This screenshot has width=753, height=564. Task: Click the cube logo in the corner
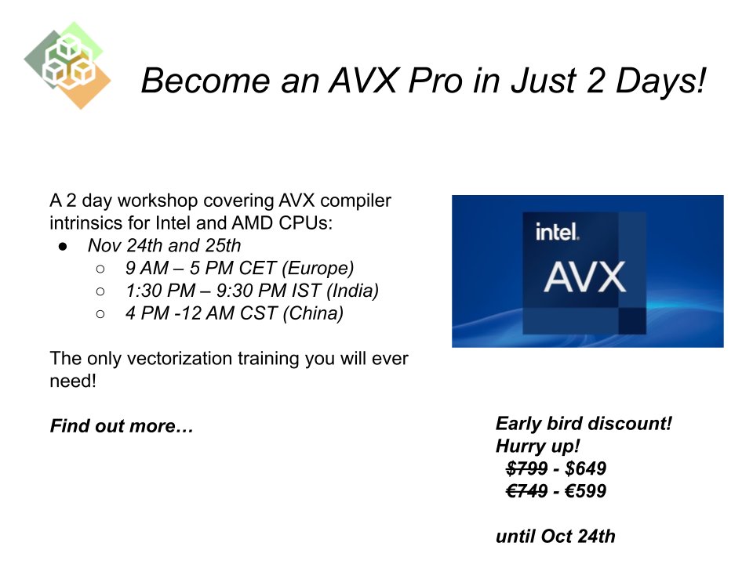[67, 64]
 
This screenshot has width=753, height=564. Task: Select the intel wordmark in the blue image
[557, 232]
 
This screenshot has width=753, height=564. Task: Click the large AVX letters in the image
[586, 277]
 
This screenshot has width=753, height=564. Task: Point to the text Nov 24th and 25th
[164, 245]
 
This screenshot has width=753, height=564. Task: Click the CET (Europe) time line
[239, 268]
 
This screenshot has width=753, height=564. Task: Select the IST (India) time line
[251, 291]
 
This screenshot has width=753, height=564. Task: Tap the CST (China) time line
[234, 313]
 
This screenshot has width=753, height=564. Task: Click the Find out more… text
[122, 426]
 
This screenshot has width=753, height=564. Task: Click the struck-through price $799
[526, 469]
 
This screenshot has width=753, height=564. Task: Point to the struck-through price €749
[526, 492]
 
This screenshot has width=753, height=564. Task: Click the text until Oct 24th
[555, 537]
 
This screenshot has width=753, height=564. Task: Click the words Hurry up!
[537, 446]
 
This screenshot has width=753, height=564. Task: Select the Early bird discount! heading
[584, 424]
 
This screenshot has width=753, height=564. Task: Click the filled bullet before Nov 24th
[64, 246]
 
